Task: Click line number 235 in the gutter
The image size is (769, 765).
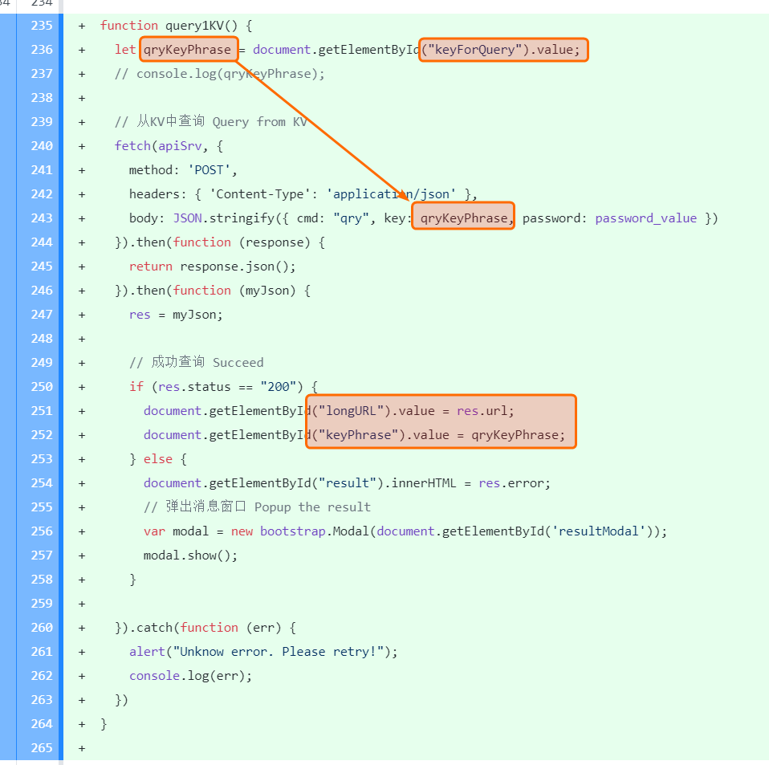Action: click(41, 26)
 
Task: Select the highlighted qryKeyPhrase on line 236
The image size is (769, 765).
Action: click(188, 50)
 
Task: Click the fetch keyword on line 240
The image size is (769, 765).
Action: click(132, 146)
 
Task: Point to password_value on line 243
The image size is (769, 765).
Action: click(645, 218)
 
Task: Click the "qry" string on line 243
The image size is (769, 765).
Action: click(352, 218)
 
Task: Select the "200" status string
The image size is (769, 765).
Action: click(278, 387)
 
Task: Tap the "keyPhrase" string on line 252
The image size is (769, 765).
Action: click(359, 435)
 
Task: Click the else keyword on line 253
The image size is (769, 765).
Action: click(158, 459)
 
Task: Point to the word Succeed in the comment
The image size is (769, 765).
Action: click(238, 363)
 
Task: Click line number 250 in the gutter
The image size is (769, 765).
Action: click(41, 387)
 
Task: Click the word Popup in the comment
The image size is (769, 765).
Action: click(273, 507)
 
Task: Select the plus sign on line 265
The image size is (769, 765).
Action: click(82, 748)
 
